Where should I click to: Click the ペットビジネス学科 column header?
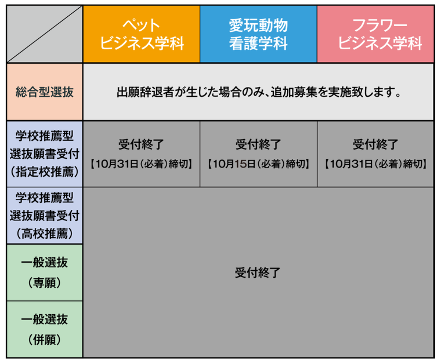pos(142,34)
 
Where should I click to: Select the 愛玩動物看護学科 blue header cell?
pos(258,34)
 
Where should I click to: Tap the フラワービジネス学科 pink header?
pos(375,34)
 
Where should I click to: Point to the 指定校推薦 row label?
pos(45,153)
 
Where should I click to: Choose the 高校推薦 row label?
pos(45,216)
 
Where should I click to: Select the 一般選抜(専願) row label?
pos(45,272)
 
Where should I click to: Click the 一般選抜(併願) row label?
pos(45,329)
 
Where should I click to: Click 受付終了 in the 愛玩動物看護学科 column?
pos(258,144)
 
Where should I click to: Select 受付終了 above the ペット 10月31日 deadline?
pos(142,144)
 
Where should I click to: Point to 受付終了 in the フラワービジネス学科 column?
pos(375,144)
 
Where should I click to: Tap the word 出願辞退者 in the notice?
pos(140,92)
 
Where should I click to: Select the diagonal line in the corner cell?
pos(45,34)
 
